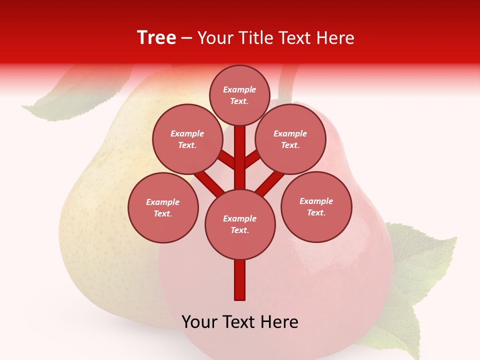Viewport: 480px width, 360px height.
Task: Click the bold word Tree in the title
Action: click(156, 37)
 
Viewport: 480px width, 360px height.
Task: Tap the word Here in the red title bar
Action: click(336, 38)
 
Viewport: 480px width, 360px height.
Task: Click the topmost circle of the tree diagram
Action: click(239, 95)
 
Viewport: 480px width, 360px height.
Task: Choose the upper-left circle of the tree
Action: click(187, 139)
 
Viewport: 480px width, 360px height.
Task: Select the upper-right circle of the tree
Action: click(290, 139)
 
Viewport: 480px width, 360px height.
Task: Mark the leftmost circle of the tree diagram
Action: click(163, 207)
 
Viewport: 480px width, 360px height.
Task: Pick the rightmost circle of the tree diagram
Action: click(316, 206)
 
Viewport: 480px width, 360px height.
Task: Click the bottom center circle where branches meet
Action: click(240, 224)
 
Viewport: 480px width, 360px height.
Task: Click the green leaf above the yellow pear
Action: click(75, 97)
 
